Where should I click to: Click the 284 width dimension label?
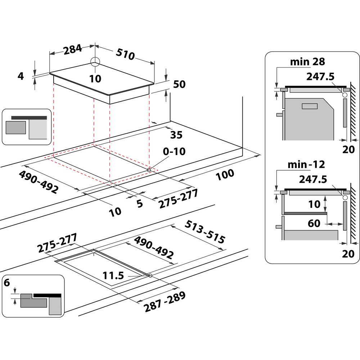(x=73, y=50)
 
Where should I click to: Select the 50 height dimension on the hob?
(x=179, y=84)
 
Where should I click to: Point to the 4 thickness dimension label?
(x=21, y=76)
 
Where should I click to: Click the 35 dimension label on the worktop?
(x=176, y=135)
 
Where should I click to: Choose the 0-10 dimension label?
(x=174, y=151)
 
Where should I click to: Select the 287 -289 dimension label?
(x=165, y=302)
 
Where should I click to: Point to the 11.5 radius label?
(x=113, y=276)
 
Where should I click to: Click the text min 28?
(x=307, y=62)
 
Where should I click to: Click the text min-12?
(x=306, y=165)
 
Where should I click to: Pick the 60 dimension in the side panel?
(x=314, y=224)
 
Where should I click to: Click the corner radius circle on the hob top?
(x=95, y=62)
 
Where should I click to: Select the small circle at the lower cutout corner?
(x=150, y=276)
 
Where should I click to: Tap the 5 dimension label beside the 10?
(x=139, y=204)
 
